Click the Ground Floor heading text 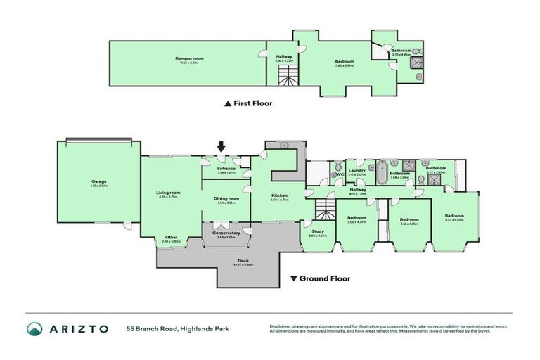[324, 278]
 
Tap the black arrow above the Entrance [221, 147]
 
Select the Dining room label [226, 198]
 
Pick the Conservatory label [226, 233]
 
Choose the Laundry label [356, 170]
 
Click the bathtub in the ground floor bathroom [380, 172]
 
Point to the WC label [339, 174]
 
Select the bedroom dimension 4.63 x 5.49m [454, 220]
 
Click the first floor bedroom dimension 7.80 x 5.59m [345, 66]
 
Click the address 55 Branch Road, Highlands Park [177, 328]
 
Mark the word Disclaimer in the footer [281, 326]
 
